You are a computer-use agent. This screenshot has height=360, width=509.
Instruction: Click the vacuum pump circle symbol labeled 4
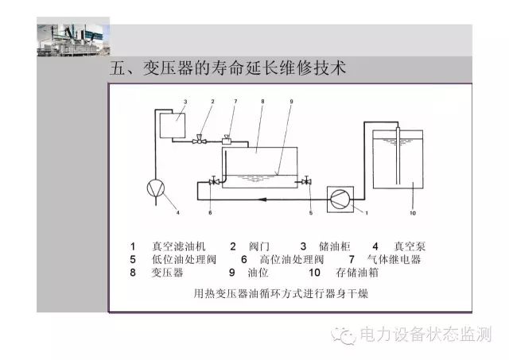pos(156,188)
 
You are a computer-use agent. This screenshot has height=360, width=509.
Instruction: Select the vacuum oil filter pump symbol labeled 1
pos(340,199)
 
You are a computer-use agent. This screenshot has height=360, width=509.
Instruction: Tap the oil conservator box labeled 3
pos(173,126)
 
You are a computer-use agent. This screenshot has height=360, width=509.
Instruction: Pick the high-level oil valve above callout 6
pos(213,181)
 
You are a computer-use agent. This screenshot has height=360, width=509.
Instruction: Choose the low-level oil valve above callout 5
pos(306,181)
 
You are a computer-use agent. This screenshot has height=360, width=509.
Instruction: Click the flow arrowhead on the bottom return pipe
pos(262,199)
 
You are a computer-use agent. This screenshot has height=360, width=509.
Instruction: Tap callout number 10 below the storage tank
pos(413,213)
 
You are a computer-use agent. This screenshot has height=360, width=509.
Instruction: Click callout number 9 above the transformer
pos(291,102)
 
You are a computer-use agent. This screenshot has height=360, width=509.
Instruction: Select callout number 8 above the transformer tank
pos(262,102)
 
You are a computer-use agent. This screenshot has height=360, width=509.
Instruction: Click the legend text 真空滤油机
pos(179,246)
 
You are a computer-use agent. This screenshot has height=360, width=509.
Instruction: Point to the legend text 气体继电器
pos(394,259)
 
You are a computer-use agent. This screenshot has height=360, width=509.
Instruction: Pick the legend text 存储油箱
pos(357,273)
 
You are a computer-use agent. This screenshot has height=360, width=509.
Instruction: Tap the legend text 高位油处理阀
pos(292,259)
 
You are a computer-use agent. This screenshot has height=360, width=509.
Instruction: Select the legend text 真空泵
pos(410,246)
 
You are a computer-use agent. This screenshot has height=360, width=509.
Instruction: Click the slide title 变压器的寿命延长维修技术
pos(244,68)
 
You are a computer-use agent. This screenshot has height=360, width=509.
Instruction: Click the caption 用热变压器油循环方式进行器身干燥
pos(281,293)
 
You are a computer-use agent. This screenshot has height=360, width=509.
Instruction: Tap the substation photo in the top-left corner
pos(73,37)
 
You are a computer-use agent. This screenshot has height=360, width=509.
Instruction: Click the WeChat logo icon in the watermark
pos(344,335)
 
